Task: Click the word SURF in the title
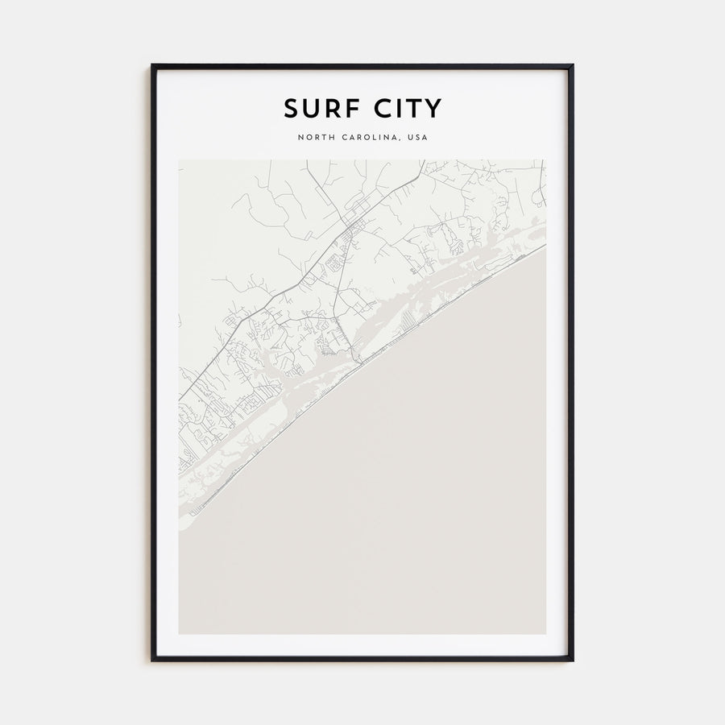click(x=316, y=108)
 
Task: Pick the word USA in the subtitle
click(x=418, y=138)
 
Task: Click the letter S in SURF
click(x=291, y=108)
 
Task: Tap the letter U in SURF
click(x=309, y=108)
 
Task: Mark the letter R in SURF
click(x=327, y=108)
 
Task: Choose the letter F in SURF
click(x=344, y=108)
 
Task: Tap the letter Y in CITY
click(x=432, y=108)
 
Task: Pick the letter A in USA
click(x=425, y=138)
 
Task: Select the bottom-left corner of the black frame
click(x=152, y=660)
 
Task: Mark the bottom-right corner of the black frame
click(x=572, y=660)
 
